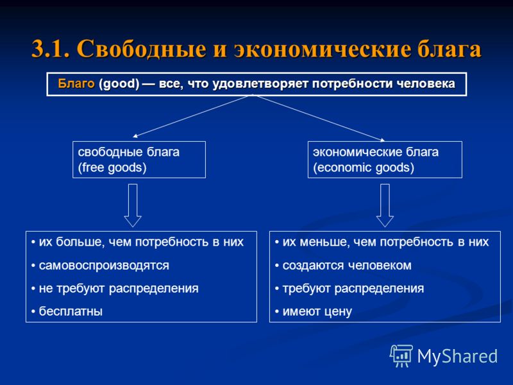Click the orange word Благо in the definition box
point(76,83)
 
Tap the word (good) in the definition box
point(119,84)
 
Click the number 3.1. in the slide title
point(51,49)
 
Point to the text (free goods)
point(112,167)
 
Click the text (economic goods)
point(364,167)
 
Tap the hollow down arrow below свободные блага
point(133,205)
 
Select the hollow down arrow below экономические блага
point(385,205)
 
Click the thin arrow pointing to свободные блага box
point(192,116)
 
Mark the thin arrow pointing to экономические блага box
point(319,118)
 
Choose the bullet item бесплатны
point(67,311)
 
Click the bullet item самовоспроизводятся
point(100,265)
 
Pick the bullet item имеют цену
point(314,311)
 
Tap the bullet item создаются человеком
point(343,265)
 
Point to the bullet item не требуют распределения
point(115,288)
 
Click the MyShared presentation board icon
point(401,355)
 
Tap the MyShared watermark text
point(457,356)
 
